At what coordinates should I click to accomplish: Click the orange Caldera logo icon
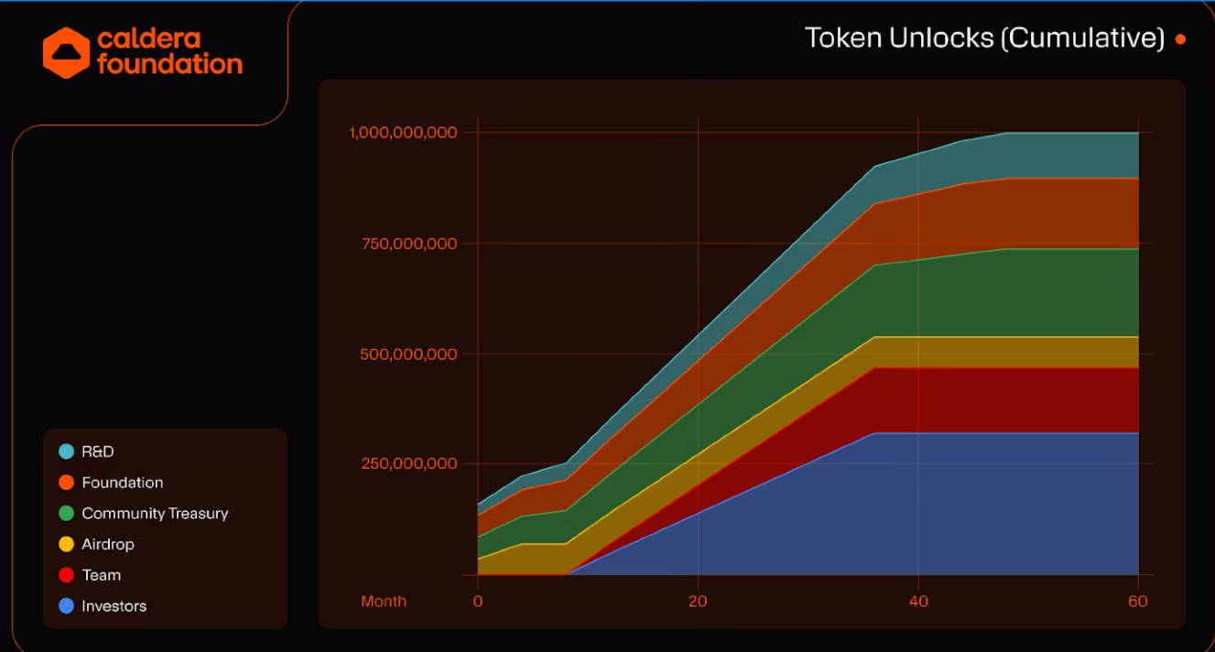66,52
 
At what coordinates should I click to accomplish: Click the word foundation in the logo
169,65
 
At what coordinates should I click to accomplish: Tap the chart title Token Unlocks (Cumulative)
984,38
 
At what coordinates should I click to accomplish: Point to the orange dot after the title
1180,39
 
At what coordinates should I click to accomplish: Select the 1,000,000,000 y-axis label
403,133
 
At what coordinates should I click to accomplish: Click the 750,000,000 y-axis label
405,244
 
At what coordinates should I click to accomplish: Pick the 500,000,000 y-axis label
405,354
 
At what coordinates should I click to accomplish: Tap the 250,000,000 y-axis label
405,463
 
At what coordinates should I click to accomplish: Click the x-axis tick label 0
478,602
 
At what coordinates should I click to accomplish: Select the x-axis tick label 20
698,602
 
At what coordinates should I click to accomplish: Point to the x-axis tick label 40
918,602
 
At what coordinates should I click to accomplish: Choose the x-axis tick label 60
1138,602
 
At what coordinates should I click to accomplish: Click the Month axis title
384,602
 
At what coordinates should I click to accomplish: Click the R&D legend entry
98,451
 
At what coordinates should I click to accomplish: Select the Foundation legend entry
122,483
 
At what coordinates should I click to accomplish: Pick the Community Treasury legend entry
155,514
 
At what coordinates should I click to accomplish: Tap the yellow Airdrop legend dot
66,545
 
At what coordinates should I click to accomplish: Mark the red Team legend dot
66,575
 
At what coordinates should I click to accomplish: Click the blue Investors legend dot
66,606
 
